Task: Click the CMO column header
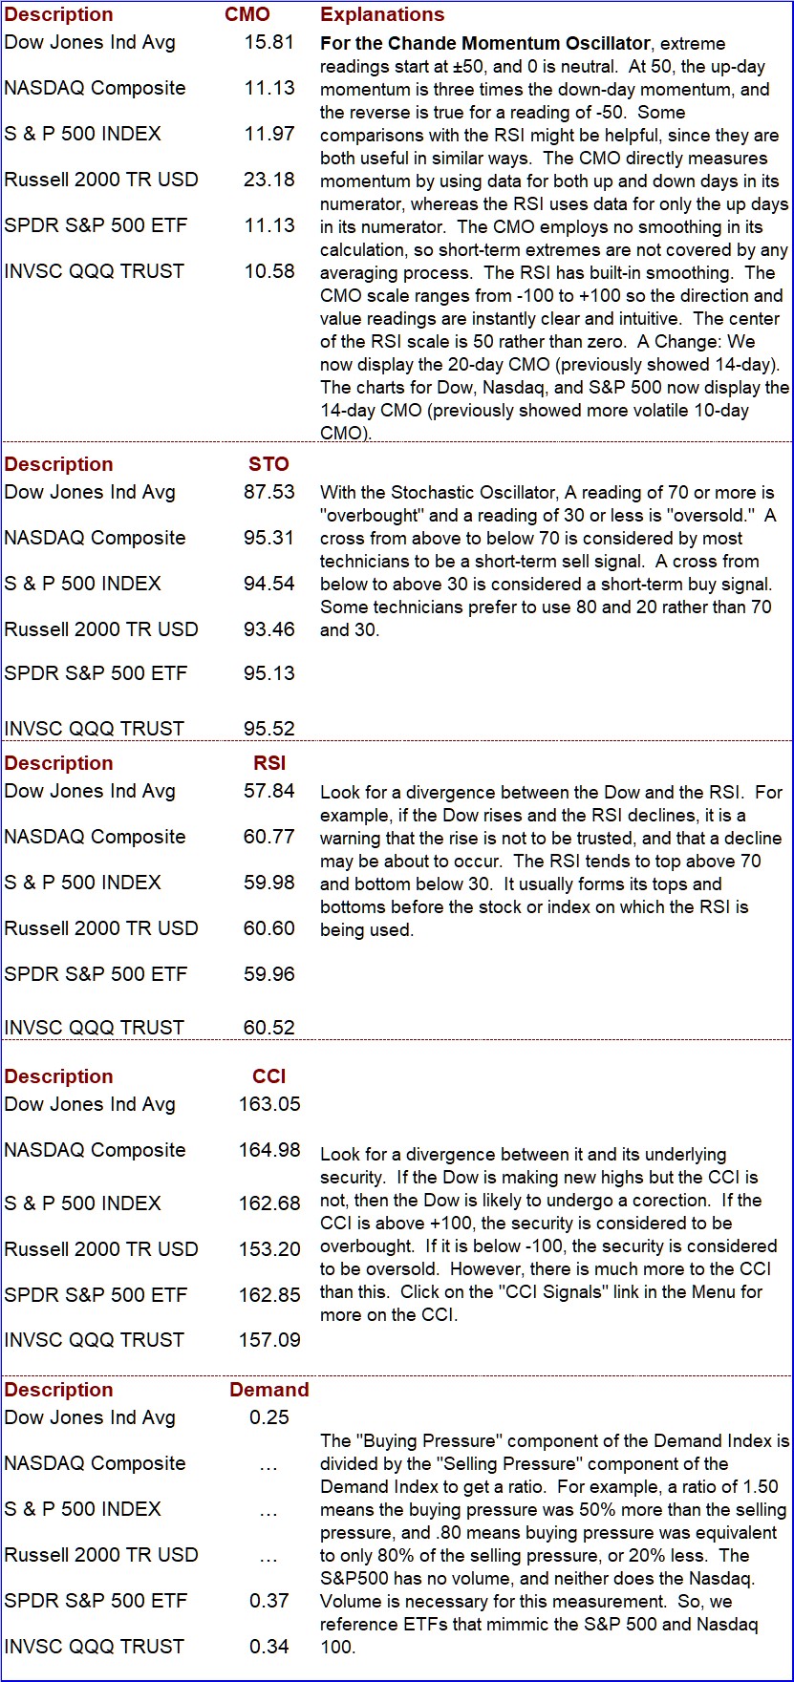[247, 14]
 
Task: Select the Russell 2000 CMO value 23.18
[269, 180]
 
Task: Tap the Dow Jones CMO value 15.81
[269, 42]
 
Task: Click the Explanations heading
[382, 14]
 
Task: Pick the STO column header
[268, 464]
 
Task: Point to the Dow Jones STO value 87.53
[269, 492]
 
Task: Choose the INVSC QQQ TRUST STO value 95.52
[269, 729]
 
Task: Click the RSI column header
[269, 763]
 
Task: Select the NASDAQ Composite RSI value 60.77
[269, 837]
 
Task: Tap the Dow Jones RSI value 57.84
[269, 791]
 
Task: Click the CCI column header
[269, 1076]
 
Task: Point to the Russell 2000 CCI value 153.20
[269, 1249]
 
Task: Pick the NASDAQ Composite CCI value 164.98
[269, 1150]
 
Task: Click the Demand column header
[269, 1390]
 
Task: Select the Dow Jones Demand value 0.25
[269, 1417]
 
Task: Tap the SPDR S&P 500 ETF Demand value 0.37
[269, 1601]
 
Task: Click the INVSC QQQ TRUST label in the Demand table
[94, 1647]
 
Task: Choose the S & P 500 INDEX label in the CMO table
[82, 134]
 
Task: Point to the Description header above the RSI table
[58, 763]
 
